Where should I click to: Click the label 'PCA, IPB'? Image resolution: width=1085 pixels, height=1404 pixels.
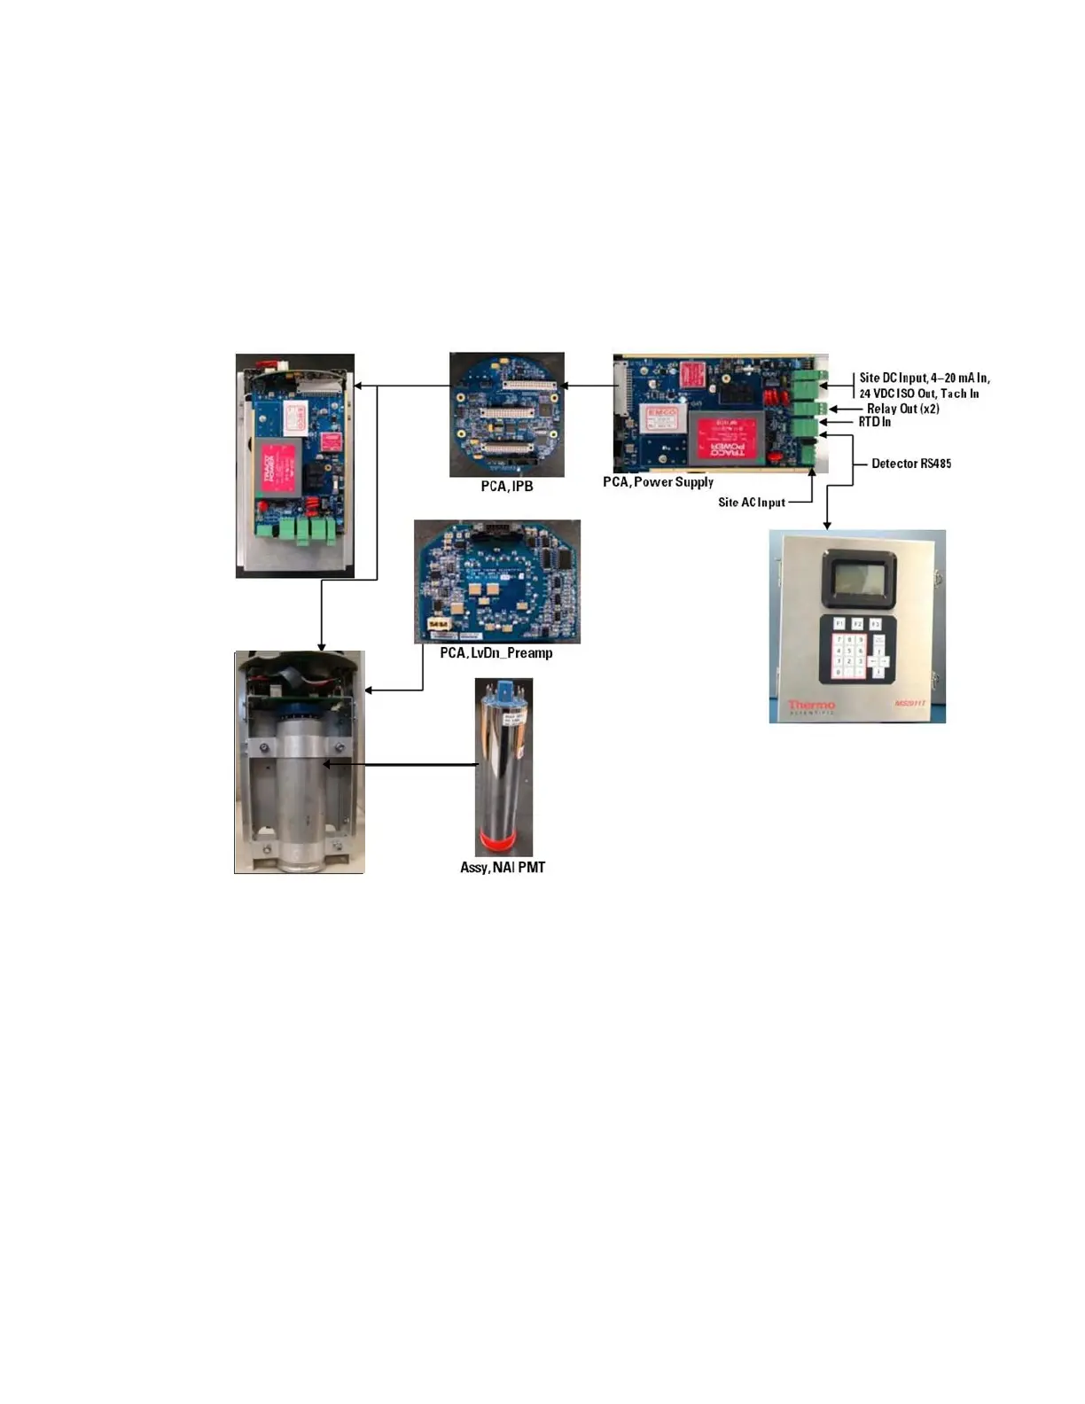coord(507,487)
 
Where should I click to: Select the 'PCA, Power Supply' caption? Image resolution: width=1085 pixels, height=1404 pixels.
coord(658,482)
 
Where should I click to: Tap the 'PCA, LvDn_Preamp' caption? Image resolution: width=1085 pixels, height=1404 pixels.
coord(496,653)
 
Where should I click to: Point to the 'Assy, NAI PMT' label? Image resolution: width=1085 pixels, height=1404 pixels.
coord(503,868)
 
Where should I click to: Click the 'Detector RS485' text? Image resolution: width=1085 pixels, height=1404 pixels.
coord(910,464)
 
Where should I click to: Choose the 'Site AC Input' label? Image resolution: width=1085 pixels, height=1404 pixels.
coord(751,503)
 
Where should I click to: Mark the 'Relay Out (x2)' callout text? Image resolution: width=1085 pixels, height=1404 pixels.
coord(902,409)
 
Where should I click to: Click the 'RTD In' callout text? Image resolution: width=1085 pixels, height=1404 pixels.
coord(874,422)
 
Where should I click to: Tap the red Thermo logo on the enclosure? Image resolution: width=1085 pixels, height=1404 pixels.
coord(811,706)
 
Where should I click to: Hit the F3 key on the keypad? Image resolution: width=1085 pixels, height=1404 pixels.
coord(875,624)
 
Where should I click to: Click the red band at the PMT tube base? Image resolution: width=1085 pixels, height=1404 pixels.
coord(503,839)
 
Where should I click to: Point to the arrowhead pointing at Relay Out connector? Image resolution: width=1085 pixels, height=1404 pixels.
coord(832,409)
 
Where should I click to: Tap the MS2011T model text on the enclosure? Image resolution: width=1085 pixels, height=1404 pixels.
coord(910,704)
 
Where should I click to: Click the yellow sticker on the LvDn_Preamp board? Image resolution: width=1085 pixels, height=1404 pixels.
coord(438,625)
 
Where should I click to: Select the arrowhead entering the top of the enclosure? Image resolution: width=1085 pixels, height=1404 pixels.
coord(827,526)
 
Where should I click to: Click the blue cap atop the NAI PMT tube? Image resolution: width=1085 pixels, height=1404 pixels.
coord(504,689)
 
